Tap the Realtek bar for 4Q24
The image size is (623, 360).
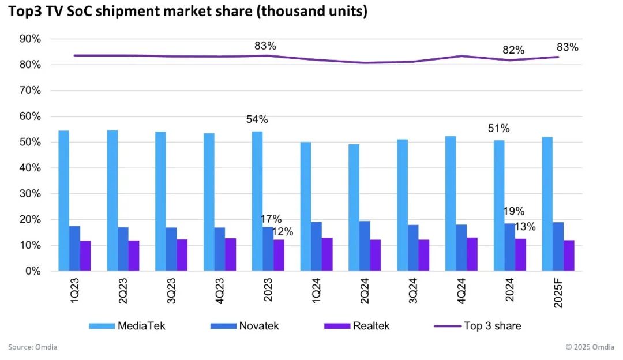point(472,254)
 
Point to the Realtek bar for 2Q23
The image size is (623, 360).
point(134,256)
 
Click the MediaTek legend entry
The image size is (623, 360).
point(126,326)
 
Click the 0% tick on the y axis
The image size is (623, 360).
point(33,271)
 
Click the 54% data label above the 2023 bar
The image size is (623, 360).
point(257,119)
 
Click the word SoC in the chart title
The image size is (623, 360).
point(78,11)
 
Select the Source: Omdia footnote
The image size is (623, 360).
point(32,347)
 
